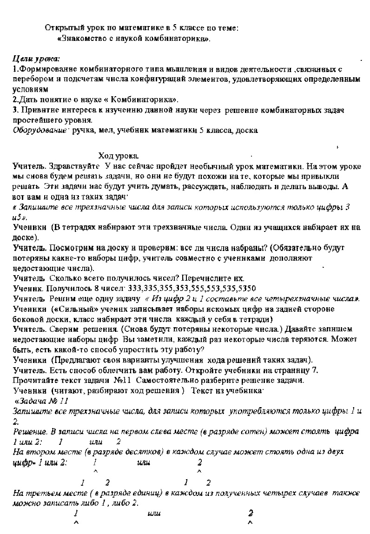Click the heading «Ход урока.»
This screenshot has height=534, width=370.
(x=119, y=155)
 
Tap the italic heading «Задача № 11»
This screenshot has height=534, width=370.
(x=44, y=401)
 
